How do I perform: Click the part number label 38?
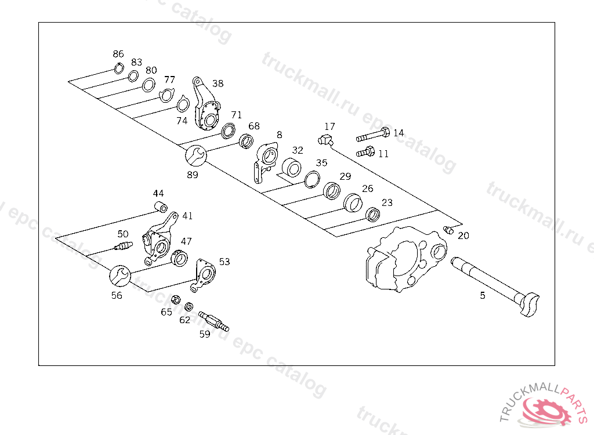[x=218, y=84]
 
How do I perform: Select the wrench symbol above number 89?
[x=194, y=156]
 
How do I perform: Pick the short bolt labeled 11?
[x=364, y=153]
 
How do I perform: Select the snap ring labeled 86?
[x=118, y=69]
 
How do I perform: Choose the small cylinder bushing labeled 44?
[x=160, y=206]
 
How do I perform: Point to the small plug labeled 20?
[x=448, y=230]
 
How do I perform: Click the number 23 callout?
[x=387, y=202]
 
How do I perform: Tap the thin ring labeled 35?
[x=312, y=179]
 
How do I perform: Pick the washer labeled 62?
[x=189, y=307]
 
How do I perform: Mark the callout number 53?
[x=224, y=262]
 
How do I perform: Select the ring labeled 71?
[x=228, y=130]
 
